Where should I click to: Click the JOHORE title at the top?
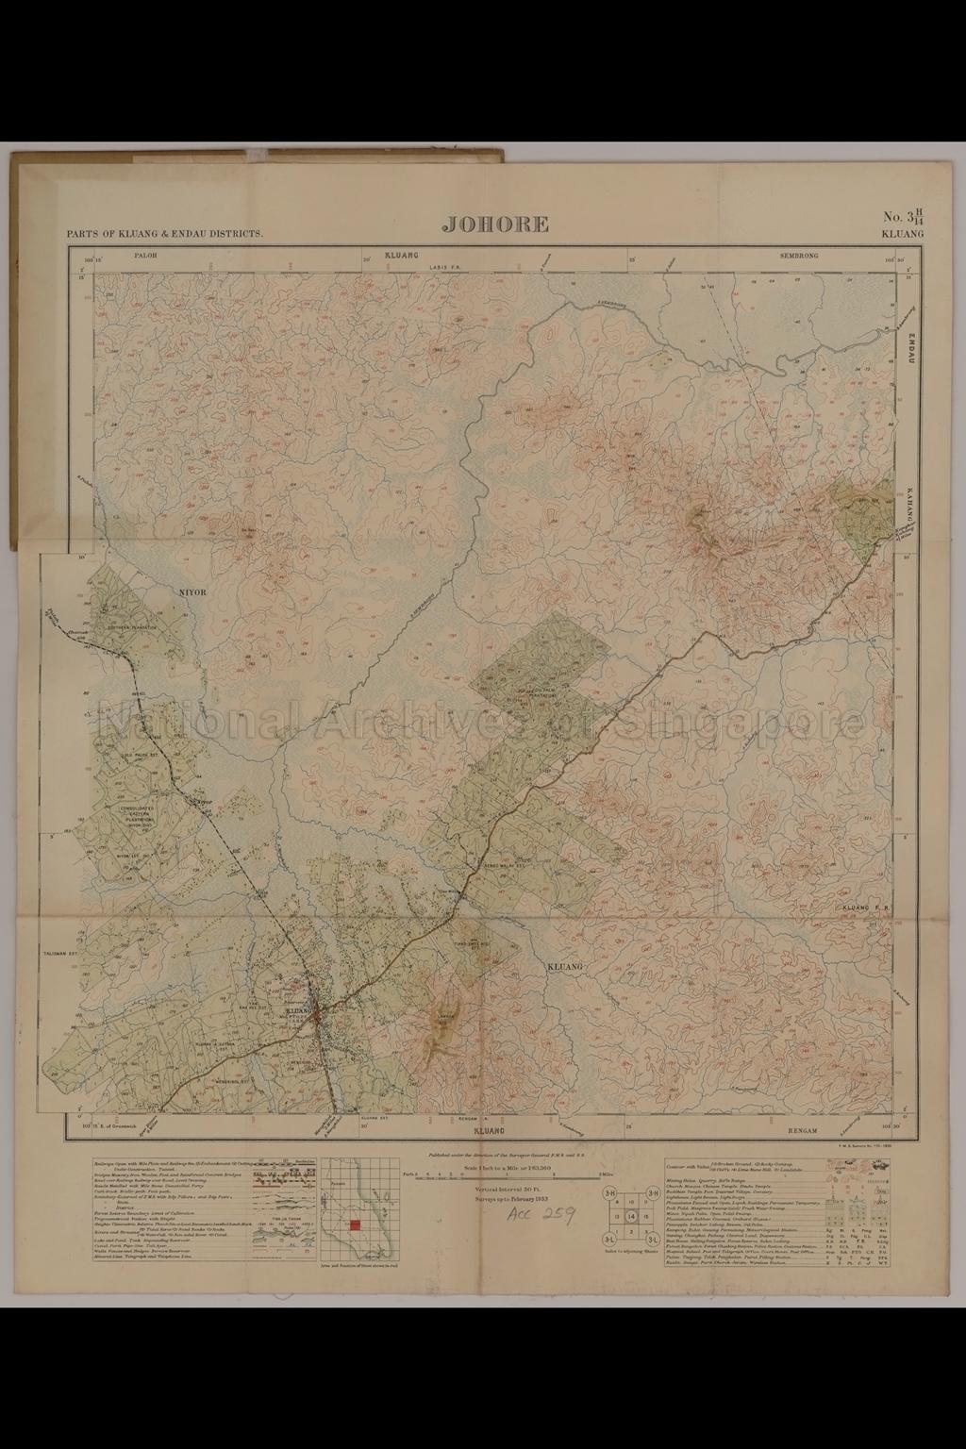495,224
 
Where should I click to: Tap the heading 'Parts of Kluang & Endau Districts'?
165,233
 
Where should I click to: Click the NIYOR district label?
192,594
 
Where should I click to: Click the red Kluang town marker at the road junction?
318,1014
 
